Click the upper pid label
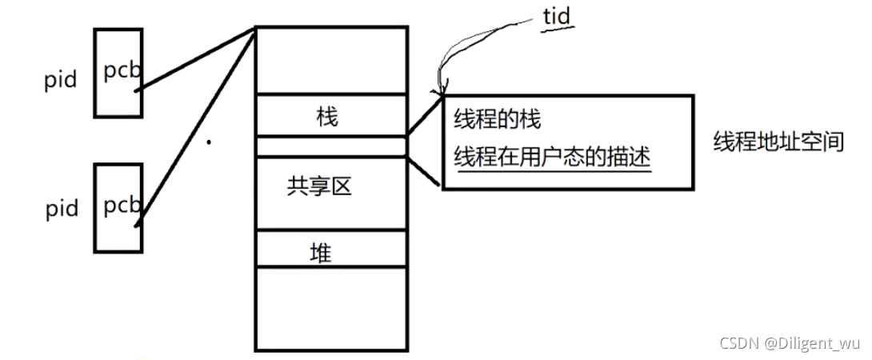pyautogui.click(x=61, y=80)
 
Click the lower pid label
pyautogui.click(x=61, y=209)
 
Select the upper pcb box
pyautogui.click(x=118, y=71)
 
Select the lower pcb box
pyautogui.click(x=118, y=207)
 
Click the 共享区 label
pyautogui.click(x=320, y=187)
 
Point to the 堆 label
pyautogui.click(x=321, y=254)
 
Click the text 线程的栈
pyautogui.click(x=498, y=119)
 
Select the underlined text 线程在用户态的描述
pyautogui.click(x=552, y=156)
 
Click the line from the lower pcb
pyautogui.click(x=196, y=128)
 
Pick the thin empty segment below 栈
pyautogui.click(x=330, y=146)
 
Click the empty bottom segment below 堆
pyautogui.click(x=330, y=308)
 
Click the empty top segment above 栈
pyautogui.click(x=330, y=61)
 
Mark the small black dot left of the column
pyautogui.click(x=209, y=143)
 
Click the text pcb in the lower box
pyautogui.click(x=122, y=206)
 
